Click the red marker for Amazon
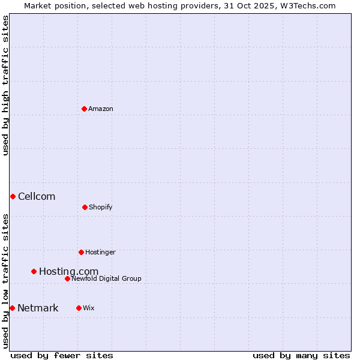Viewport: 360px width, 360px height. pyautogui.click(x=85, y=109)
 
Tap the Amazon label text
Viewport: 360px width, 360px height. pyautogui.click(x=101, y=109)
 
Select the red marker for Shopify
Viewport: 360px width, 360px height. pyautogui.click(x=85, y=207)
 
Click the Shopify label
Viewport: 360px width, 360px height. pyautogui.click(x=101, y=208)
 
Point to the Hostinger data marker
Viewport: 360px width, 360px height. pyautogui.click(x=81, y=252)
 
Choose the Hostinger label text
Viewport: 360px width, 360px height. pyautogui.click(x=100, y=253)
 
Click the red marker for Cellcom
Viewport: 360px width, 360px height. pyautogui.click(x=13, y=196)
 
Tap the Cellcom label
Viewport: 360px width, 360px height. pyautogui.click(x=37, y=197)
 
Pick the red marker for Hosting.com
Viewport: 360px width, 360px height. pyautogui.click(x=34, y=271)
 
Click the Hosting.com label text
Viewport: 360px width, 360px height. pyautogui.click(x=68, y=272)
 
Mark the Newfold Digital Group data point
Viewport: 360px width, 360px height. pyautogui.click(x=67, y=278)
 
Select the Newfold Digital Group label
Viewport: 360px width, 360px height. pyautogui.click(x=106, y=279)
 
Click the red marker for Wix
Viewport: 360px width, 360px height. pyautogui.click(x=79, y=308)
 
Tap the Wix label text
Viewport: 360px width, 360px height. pyautogui.click(x=89, y=308)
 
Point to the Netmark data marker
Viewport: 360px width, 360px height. pyautogui.click(x=12, y=308)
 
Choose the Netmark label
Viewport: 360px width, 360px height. pyautogui.click(x=38, y=308)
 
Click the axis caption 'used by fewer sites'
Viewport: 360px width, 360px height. pyautogui.click(x=62, y=355)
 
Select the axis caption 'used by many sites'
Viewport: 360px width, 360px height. pyautogui.click(x=301, y=355)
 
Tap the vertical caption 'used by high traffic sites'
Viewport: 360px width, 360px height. pyautogui.click(x=5, y=85)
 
